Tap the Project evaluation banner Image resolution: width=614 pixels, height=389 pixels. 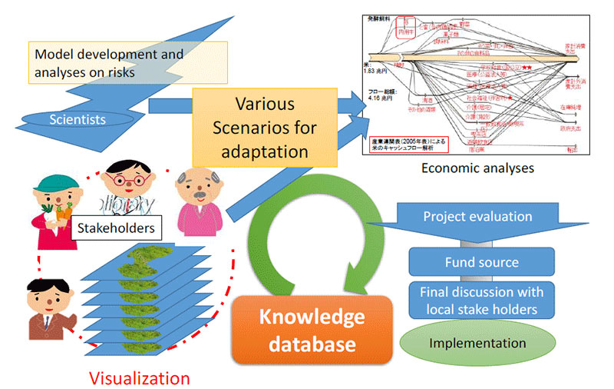477,217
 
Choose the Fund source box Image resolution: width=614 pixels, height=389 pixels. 481,262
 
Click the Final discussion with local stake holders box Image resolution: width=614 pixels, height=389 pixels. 481,301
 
